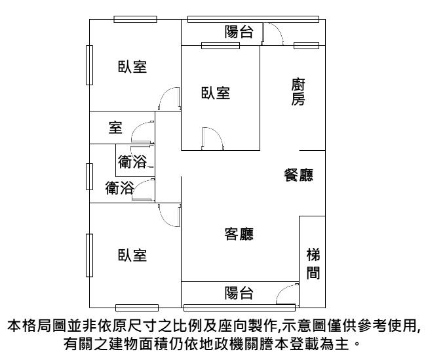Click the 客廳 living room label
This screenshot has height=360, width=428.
point(239,234)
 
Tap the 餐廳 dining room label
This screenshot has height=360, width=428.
point(298,175)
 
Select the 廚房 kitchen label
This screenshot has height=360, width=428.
point(298,92)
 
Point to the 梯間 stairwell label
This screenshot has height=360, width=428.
point(313,264)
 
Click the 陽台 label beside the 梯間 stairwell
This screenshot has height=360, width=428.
point(239,293)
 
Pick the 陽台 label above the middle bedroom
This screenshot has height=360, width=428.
point(239,31)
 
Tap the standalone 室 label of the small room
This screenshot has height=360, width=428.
point(115,128)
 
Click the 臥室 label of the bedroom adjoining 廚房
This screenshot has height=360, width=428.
point(216,93)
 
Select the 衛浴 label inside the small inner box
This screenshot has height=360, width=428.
point(132,161)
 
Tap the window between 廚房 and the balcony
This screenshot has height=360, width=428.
point(306,45)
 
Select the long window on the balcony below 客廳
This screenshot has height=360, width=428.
point(239,308)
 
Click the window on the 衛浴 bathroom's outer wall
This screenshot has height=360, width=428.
point(89,176)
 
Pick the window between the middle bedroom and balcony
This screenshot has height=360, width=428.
point(220,45)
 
